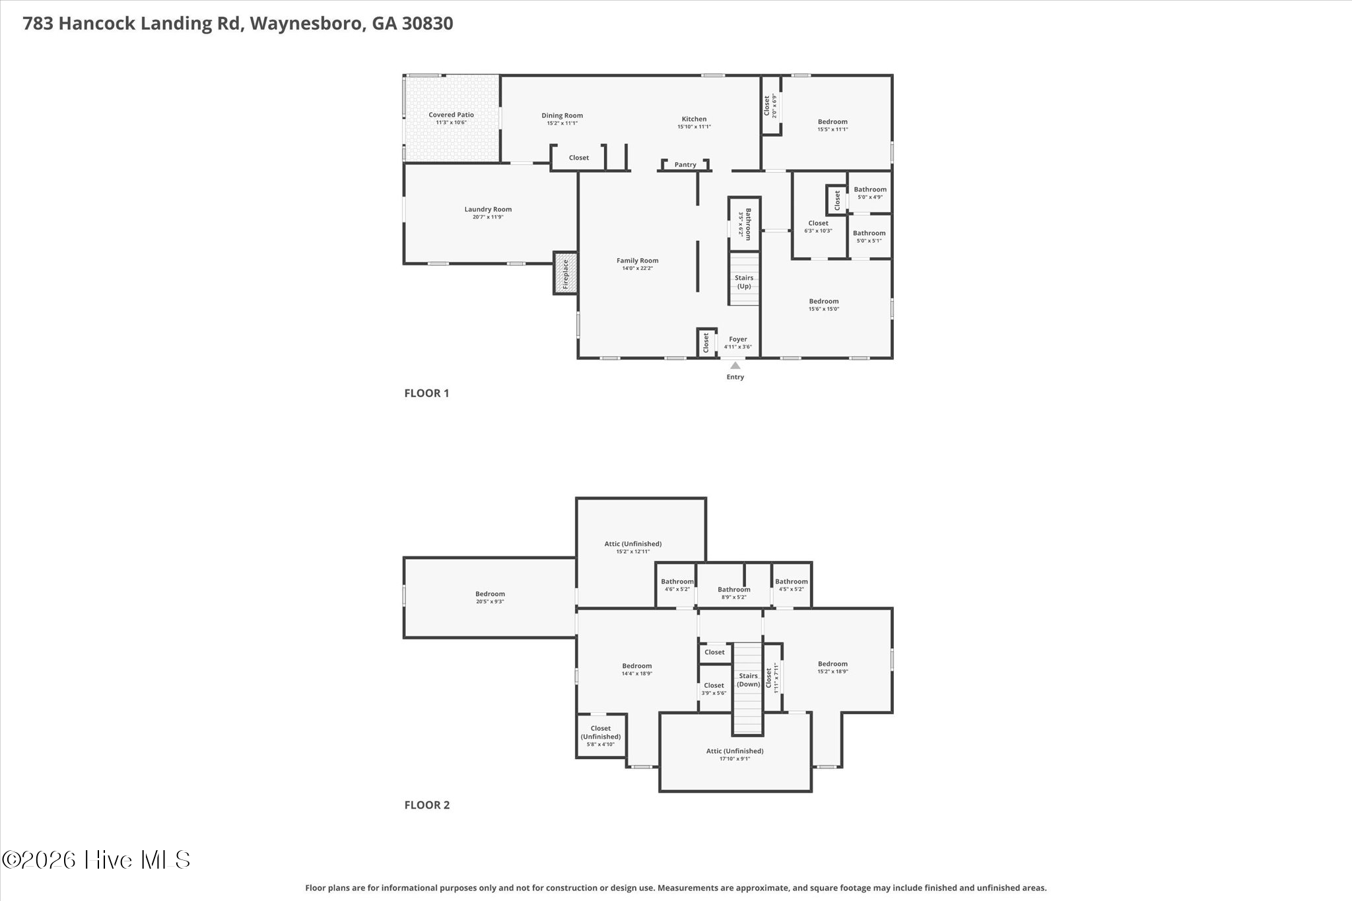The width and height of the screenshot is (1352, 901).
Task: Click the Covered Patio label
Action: [x=451, y=115]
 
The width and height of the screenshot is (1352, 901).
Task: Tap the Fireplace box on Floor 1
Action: [x=565, y=273]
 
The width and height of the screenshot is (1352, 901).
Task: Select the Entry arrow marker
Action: [x=735, y=365]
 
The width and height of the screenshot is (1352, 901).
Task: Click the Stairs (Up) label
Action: [x=744, y=282]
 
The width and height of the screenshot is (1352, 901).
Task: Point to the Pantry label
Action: [x=685, y=165]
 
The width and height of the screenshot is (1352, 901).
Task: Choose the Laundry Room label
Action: [x=488, y=209]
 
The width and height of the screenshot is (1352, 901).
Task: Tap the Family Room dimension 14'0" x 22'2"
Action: [x=637, y=269]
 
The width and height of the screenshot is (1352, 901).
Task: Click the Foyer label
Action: [x=738, y=339]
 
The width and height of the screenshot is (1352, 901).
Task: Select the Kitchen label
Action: [x=694, y=119]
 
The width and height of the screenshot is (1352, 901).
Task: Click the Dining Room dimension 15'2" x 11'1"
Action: [x=562, y=123]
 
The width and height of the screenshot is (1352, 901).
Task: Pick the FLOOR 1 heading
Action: [x=426, y=393]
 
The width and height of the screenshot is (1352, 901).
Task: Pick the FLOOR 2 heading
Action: [x=427, y=805]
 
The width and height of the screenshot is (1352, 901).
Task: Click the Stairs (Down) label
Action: [x=748, y=680]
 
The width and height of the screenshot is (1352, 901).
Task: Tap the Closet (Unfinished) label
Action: [x=601, y=733]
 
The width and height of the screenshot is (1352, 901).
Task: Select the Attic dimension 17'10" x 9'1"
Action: [x=735, y=759]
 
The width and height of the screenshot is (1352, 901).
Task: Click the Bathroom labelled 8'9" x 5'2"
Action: [x=733, y=589]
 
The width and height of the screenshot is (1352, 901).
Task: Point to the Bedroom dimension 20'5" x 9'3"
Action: [x=490, y=602]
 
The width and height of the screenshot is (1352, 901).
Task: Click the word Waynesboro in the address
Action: [x=306, y=24]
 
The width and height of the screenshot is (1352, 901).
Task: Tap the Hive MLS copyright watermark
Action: [x=96, y=859]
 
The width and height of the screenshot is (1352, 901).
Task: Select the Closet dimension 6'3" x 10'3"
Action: [x=818, y=231]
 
